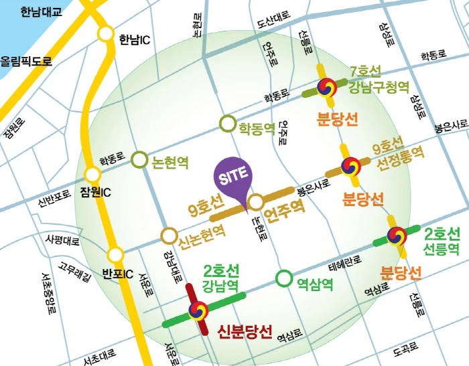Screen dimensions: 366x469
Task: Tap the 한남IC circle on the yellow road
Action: [106, 34]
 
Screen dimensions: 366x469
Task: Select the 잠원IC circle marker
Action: [92, 175]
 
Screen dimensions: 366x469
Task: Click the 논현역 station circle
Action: [139, 159]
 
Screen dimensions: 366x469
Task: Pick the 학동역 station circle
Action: [227, 124]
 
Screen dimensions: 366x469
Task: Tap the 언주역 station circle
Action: [255, 202]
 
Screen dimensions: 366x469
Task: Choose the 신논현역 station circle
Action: [167, 236]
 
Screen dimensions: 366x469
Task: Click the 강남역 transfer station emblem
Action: [198, 310]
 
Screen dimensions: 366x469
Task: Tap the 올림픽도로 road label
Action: [25, 61]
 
